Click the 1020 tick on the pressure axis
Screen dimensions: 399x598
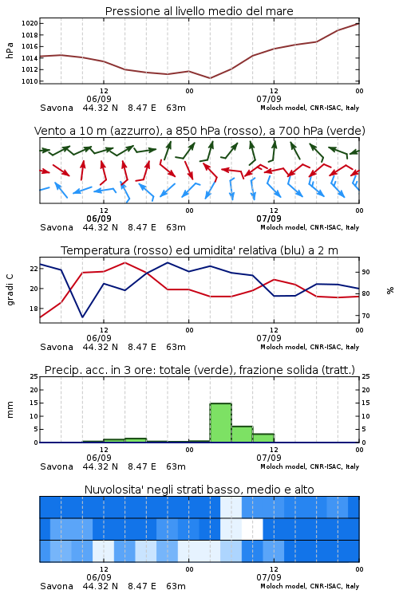coord(29,23)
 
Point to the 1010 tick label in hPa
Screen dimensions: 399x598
coord(29,81)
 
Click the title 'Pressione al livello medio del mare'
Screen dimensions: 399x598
coord(199,11)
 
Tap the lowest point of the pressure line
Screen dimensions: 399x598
coord(210,78)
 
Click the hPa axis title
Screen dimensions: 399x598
coord(10,50)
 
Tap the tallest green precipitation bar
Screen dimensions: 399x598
coord(221,423)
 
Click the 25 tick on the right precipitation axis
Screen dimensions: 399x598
coord(365,376)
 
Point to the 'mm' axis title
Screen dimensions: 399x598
coord(10,409)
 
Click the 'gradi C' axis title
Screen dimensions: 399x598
coord(10,290)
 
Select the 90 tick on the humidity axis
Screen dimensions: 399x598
coord(365,272)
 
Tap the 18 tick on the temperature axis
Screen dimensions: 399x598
coord(34,309)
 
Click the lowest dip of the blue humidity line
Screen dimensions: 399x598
coord(82,317)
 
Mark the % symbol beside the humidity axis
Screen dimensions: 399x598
coord(390,290)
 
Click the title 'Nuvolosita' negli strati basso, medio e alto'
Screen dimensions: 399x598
coord(199,490)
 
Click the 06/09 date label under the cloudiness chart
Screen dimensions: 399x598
coord(99,577)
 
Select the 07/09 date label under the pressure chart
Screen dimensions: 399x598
coord(269,99)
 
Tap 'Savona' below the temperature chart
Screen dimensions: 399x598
coord(57,347)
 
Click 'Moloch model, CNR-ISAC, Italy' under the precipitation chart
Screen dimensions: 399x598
coord(310,466)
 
